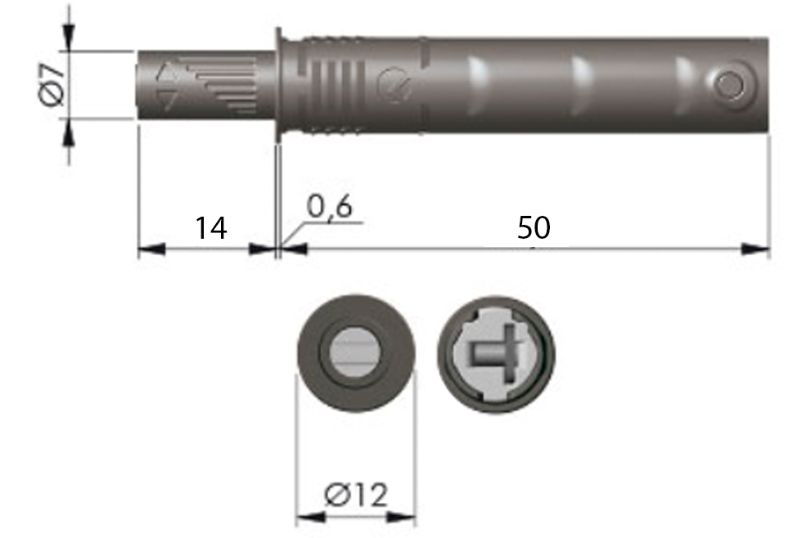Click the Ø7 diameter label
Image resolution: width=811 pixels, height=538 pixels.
click(x=51, y=85)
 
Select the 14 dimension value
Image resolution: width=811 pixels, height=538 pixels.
click(x=210, y=228)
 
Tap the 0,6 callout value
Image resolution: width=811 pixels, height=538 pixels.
click(x=329, y=208)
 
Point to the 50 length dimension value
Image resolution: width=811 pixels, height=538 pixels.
click(x=534, y=228)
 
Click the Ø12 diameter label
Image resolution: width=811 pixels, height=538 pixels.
click(x=355, y=495)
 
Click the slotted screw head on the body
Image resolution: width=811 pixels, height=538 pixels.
click(x=394, y=85)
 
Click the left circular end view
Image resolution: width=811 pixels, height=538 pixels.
click(x=355, y=354)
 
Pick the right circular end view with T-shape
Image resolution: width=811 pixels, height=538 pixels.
click(x=495, y=354)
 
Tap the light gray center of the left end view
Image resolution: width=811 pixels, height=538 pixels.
click(x=355, y=353)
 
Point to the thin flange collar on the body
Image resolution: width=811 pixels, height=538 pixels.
click(x=278, y=85)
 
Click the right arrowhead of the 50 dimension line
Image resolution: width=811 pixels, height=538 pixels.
click(x=756, y=249)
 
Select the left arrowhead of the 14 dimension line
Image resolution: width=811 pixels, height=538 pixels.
click(x=151, y=249)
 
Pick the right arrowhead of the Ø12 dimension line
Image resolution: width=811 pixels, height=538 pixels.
click(x=403, y=517)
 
